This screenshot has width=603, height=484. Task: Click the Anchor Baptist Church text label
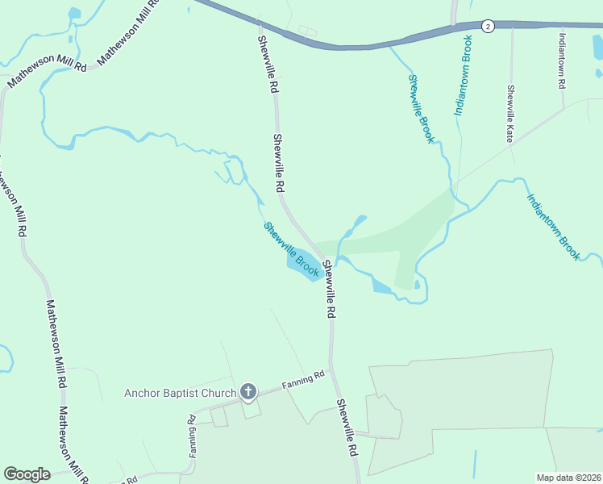coord(180,394)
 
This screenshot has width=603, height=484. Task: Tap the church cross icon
coord(248,394)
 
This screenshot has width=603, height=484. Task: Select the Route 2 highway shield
coord(488,27)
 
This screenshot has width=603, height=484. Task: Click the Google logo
coord(27,474)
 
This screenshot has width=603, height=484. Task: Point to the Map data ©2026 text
coord(569,478)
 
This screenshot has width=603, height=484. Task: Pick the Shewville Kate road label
coord(510,114)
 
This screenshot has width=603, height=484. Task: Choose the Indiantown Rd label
coord(562,59)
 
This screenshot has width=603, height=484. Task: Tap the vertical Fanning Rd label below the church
coord(193,436)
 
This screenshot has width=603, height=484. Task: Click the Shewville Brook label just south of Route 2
coord(421,109)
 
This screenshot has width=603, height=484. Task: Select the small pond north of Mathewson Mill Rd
coord(74,14)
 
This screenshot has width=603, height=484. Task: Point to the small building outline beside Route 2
coord(308,31)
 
